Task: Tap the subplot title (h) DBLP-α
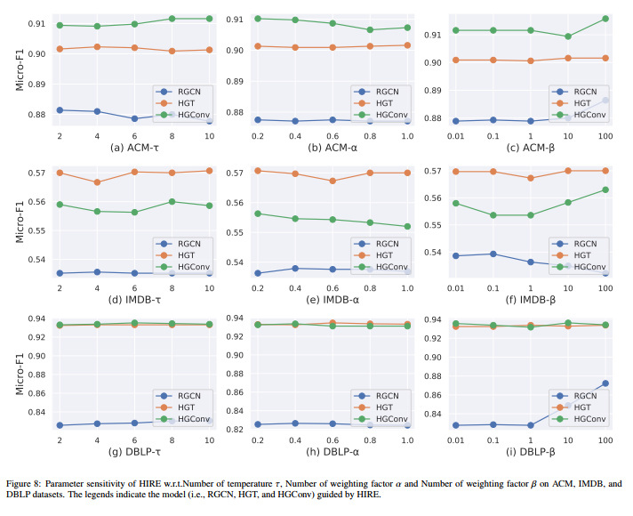[333, 451]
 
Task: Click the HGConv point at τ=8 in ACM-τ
[172, 19]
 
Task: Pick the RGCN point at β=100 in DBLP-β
[605, 383]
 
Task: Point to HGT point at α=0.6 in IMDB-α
[333, 181]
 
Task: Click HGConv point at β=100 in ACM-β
[605, 19]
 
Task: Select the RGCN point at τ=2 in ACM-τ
[60, 110]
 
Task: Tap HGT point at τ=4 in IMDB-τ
[97, 182]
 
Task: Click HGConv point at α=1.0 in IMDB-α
[406, 226]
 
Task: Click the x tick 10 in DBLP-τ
[209, 439]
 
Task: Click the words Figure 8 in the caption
[27, 485]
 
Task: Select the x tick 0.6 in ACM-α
[333, 134]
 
